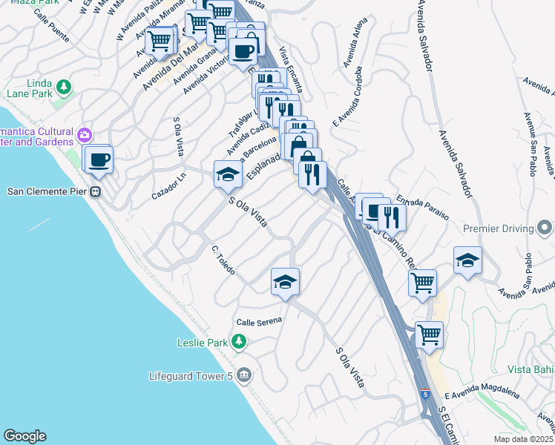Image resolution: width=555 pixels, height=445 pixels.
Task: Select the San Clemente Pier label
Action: click(x=47, y=191)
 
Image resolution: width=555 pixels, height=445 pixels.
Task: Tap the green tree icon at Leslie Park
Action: click(x=238, y=342)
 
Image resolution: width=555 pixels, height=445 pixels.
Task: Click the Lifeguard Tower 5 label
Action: click(x=192, y=376)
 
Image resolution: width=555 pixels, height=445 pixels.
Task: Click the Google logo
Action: click(x=24, y=436)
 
